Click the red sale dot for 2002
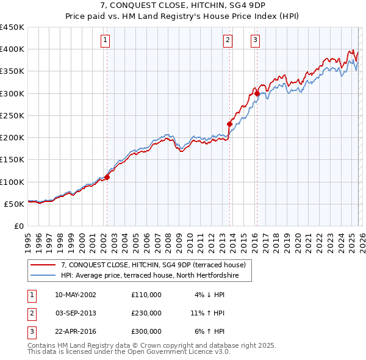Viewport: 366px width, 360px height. (x=107, y=178)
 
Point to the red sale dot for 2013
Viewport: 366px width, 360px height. (x=229, y=124)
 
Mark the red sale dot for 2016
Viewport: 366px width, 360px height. (x=257, y=93)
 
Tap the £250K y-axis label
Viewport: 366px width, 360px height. (x=12, y=115)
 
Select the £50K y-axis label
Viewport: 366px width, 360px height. (x=14, y=204)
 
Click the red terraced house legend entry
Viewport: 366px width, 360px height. (x=152, y=265)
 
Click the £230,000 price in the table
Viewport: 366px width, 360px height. (x=146, y=313)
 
